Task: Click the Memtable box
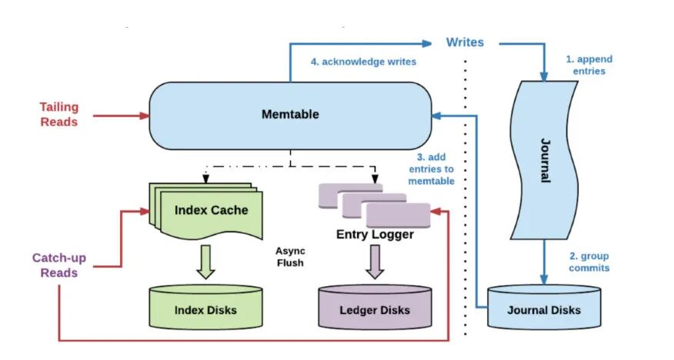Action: tap(289, 115)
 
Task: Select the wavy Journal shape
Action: tap(544, 161)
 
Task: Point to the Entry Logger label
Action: tap(375, 234)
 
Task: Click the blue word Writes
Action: tap(465, 42)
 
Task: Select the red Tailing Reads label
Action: tap(59, 114)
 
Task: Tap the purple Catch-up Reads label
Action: tap(59, 265)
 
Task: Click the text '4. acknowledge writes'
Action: tap(364, 62)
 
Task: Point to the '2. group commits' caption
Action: tap(589, 262)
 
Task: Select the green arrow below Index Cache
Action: tap(205, 261)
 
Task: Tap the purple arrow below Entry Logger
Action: tap(375, 262)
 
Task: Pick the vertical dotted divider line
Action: tap(465, 200)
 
